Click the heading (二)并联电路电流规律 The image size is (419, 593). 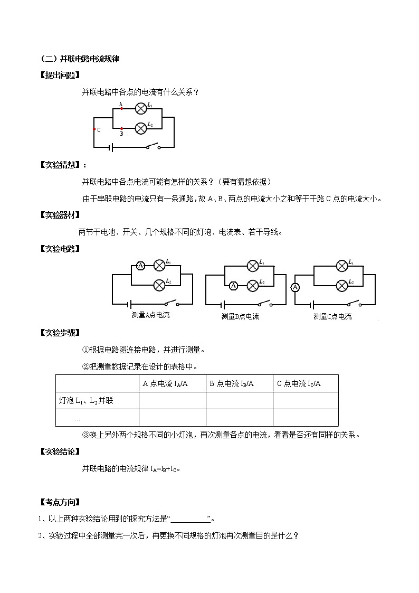click(80, 59)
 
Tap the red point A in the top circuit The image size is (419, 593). click(122, 108)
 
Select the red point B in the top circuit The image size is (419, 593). click(122, 128)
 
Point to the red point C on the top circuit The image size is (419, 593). click(94, 129)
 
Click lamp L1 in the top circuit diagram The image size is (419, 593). click(141, 108)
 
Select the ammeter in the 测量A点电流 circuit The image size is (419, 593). click(140, 266)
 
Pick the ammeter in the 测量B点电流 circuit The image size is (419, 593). click(233, 286)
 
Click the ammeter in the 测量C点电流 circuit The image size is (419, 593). click(296, 287)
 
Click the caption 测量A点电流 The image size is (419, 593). click(150, 315)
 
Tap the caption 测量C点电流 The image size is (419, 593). click(332, 316)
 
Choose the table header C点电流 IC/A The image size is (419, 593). click(299, 384)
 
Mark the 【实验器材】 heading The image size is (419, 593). click(60, 215)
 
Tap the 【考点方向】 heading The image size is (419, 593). click(60, 502)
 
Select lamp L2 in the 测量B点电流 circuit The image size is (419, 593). click(253, 286)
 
